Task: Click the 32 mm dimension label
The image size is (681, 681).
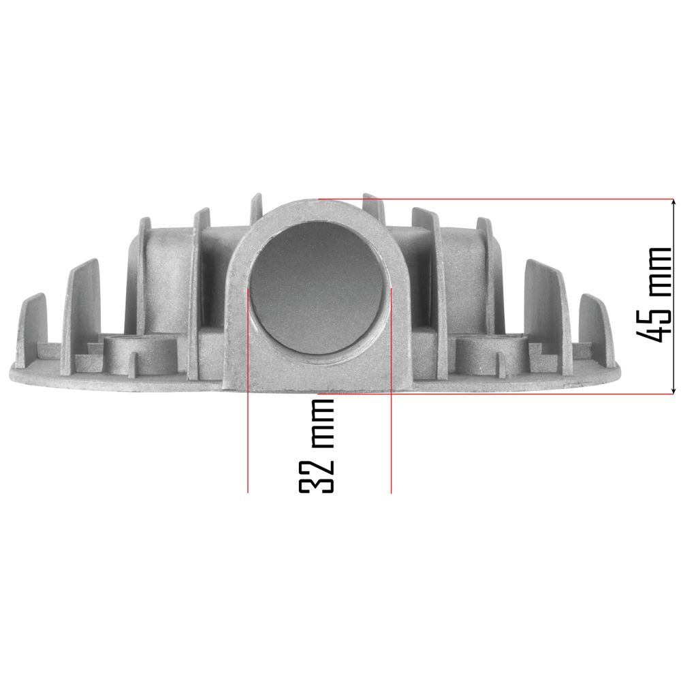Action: point(316,445)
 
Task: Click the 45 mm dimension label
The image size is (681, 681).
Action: point(653,294)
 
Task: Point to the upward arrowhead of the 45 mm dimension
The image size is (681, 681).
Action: point(674,203)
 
